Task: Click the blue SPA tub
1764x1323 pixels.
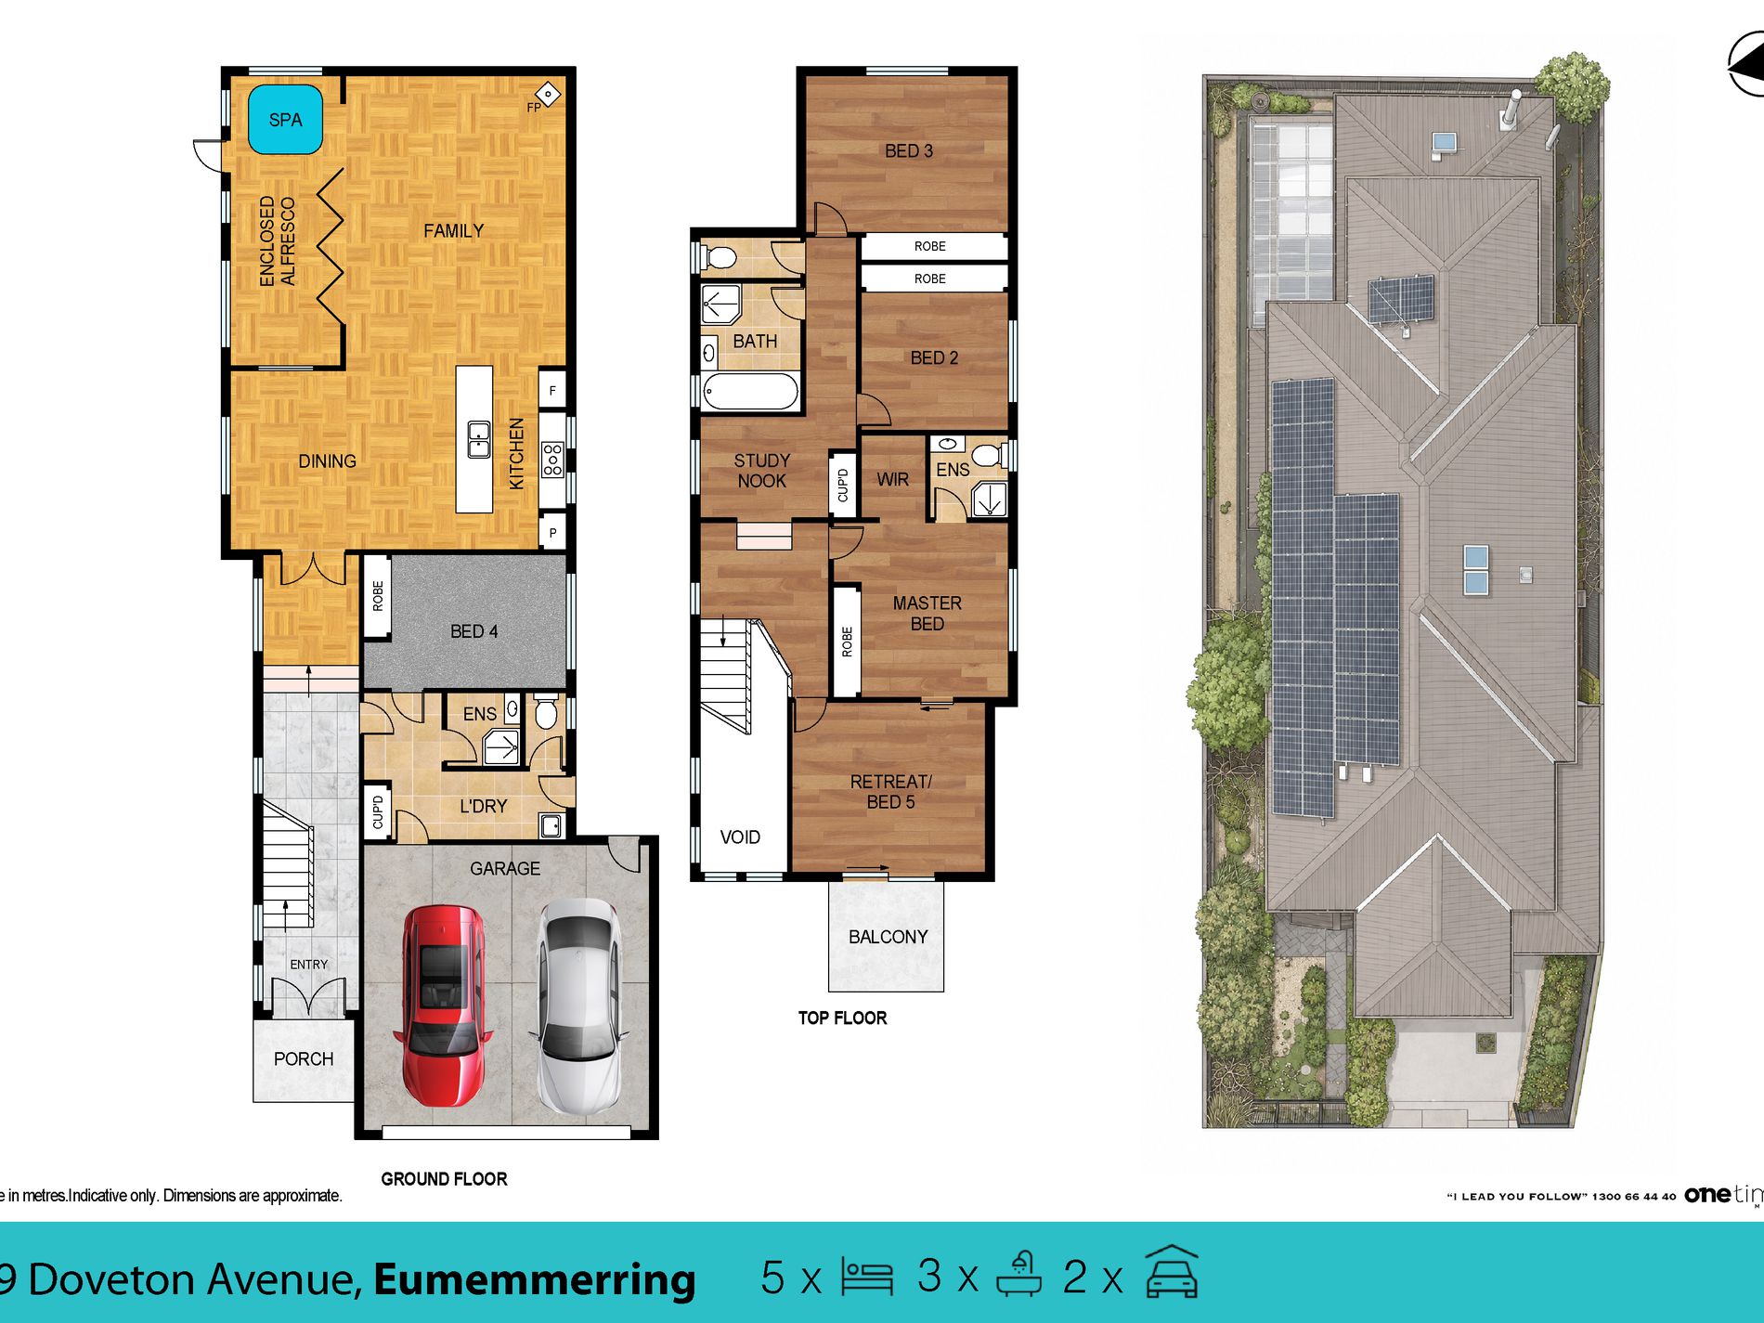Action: coord(285,119)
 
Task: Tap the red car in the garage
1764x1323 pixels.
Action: coord(443,1005)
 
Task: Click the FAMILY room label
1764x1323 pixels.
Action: coord(454,230)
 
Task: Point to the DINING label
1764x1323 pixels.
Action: coord(327,460)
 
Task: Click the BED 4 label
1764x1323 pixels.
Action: coord(473,631)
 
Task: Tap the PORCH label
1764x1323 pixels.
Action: coord(304,1058)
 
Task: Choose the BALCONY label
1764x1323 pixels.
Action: coord(888,937)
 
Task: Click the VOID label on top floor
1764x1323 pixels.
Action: coord(740,837)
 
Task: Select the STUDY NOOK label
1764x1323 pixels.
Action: coord(761,471)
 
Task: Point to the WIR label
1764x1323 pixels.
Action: coord(892,479)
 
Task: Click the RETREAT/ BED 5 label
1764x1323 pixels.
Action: coord(890,791)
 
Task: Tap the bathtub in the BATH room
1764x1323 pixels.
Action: coord(750,392)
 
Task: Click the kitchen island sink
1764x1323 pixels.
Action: coord(478,439)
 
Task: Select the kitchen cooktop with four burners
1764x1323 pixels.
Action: coord(552,459)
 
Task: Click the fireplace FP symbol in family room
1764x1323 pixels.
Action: coord(548,94)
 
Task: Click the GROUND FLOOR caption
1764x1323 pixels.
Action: coord(444,1179)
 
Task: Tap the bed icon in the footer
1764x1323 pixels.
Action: coord(867,1277)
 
